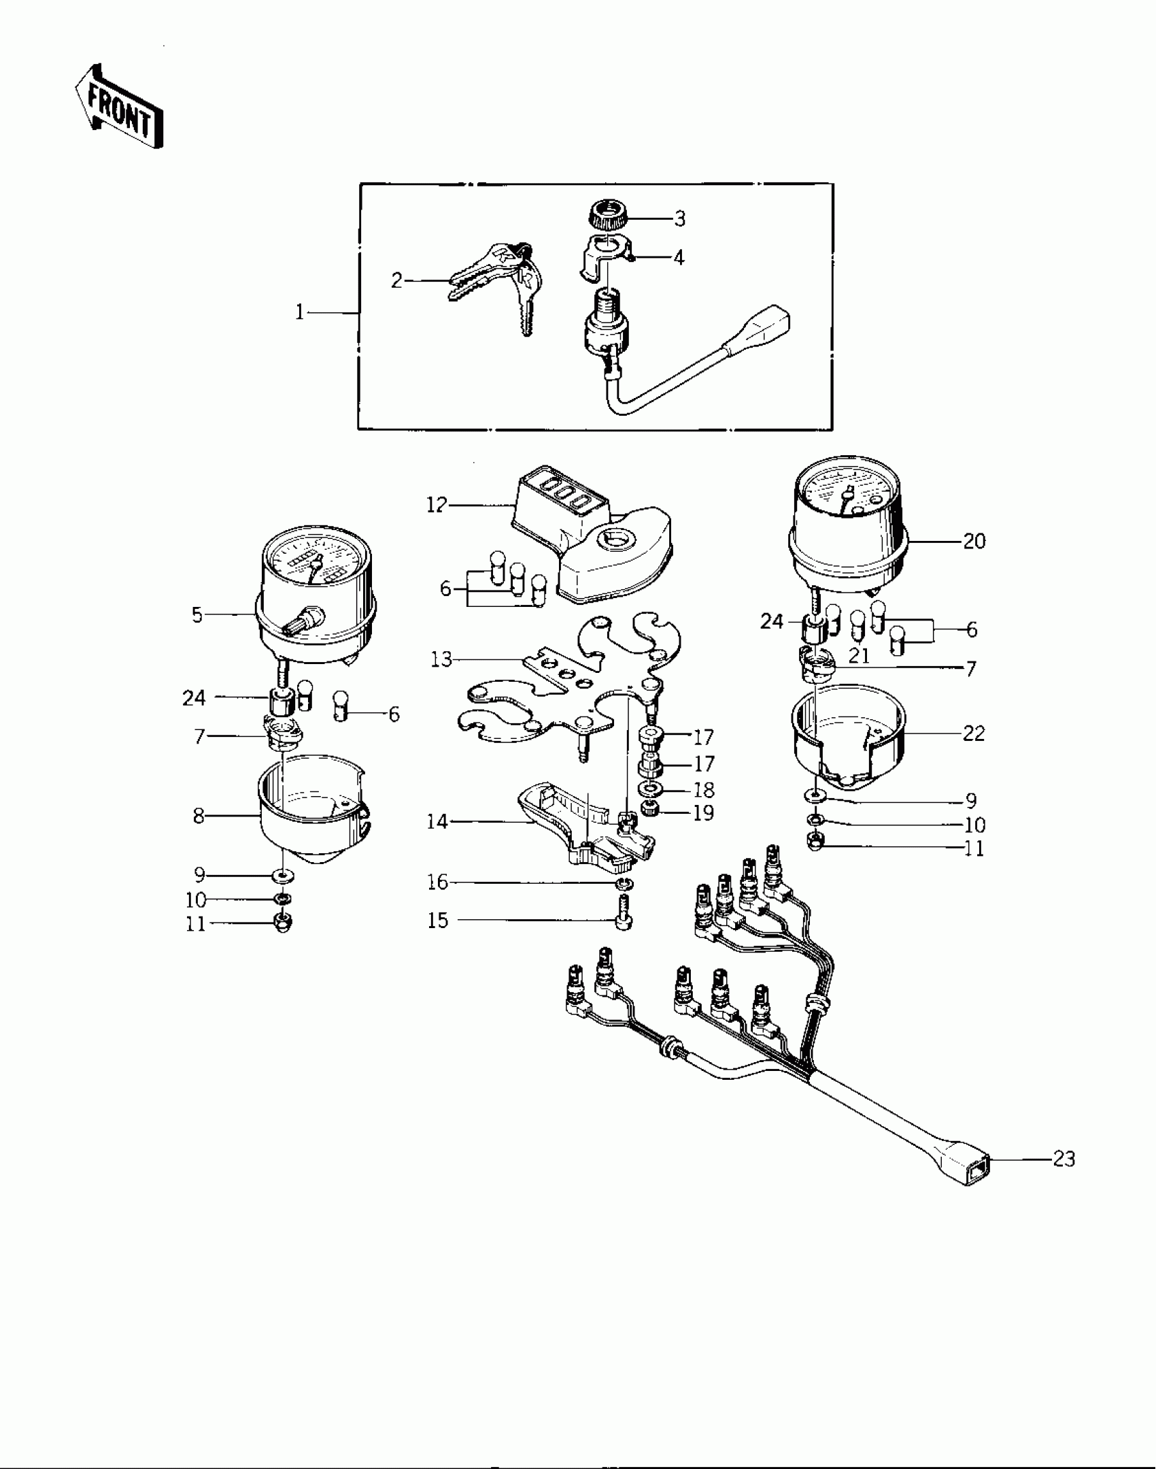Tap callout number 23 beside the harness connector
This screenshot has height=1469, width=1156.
[x=1064, y=1159]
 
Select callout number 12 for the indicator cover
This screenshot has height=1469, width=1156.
[x=437, y=506]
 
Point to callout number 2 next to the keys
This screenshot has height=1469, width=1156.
[x=397, y=280]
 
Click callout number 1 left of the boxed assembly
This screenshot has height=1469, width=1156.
[x=299, y=312]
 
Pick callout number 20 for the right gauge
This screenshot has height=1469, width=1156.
[x=974, y=542]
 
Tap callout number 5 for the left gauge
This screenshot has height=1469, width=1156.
[x=197, y=615]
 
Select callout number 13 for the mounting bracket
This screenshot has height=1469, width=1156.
[x=441, y=659]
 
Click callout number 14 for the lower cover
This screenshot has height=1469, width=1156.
[x=437, y=822]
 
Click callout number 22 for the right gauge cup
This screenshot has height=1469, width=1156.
[x=974, y=733]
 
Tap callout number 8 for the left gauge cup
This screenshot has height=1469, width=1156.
[x=198, y=815]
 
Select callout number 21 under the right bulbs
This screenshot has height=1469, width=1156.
[x=860, y=656]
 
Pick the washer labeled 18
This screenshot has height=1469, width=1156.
[x=652, y=790]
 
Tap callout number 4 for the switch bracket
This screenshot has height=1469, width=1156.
[x=678, y=257]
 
